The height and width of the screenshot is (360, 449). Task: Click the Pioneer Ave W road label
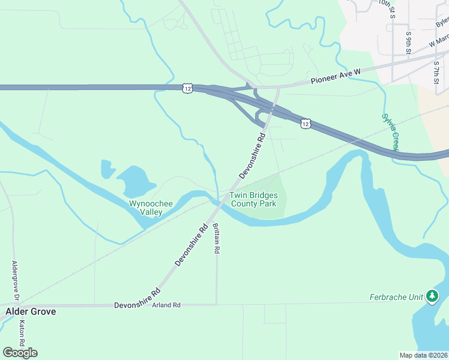(336, 76)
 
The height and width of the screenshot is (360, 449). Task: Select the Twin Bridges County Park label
(253, 200)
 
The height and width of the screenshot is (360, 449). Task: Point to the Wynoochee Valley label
(151, 208)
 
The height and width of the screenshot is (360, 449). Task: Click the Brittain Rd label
(216, 238)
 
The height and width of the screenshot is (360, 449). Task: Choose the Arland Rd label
(166, 305)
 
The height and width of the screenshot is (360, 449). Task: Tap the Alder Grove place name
(31, 311)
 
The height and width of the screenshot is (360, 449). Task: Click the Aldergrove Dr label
(16, 281)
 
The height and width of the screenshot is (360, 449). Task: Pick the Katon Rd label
(22, 334)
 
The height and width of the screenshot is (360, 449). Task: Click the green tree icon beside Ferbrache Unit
(432, 296)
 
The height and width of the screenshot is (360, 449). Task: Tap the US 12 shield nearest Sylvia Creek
(306, 124)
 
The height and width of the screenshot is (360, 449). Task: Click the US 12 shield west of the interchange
(187, 88)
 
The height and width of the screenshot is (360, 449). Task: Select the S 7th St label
(436, 72)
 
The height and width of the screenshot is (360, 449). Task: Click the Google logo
(20, 352)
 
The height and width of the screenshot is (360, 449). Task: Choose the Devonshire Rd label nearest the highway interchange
(252, 156)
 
